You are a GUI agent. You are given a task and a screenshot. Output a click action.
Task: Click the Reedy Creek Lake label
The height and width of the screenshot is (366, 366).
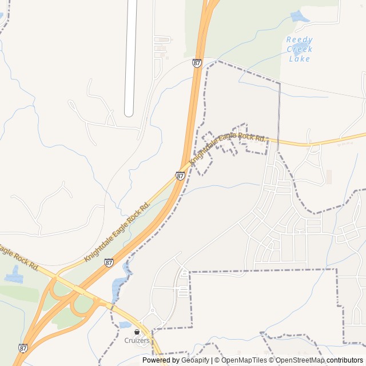300,49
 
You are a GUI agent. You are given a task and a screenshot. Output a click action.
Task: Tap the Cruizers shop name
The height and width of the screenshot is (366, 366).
137,341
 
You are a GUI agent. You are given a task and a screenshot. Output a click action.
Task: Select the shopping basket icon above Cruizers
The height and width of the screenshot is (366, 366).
137,332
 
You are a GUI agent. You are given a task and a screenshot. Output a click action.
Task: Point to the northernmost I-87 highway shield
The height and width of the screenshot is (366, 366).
197,63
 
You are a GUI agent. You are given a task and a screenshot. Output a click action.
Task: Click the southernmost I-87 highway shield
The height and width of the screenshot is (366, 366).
23,347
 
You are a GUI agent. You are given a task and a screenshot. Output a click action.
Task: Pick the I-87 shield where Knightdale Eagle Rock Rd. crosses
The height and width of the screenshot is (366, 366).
180,176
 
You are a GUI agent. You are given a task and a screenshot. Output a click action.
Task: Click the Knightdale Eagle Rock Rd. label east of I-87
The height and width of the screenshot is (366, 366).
228,147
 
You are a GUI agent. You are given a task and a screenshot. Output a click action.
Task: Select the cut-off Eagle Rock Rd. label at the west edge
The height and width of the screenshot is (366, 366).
18,258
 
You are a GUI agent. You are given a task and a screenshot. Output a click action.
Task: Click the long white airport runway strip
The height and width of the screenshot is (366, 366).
130,57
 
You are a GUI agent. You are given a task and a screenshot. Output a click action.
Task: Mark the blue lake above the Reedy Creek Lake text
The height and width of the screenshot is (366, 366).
300,17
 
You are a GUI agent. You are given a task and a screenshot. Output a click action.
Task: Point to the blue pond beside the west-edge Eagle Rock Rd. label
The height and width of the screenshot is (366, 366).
13,275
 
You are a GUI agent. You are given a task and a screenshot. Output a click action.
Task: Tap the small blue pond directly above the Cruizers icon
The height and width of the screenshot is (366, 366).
125,325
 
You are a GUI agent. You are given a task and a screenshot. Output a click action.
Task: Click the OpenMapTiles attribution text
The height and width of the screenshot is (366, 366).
245,360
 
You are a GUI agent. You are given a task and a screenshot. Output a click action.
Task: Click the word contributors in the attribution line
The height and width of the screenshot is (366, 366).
345,360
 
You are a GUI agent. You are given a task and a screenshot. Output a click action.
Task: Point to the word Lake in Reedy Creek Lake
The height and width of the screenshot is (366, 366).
300,58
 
